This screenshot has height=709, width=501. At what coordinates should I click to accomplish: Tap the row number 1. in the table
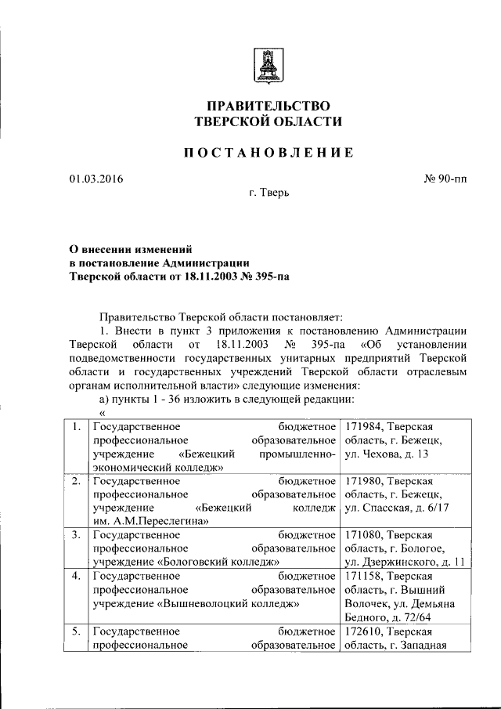[x=75, y=427]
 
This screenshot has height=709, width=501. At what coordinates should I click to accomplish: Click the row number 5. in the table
[x=75, y=631]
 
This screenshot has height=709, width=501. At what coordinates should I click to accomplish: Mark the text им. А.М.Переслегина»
[x=150, y=522]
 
